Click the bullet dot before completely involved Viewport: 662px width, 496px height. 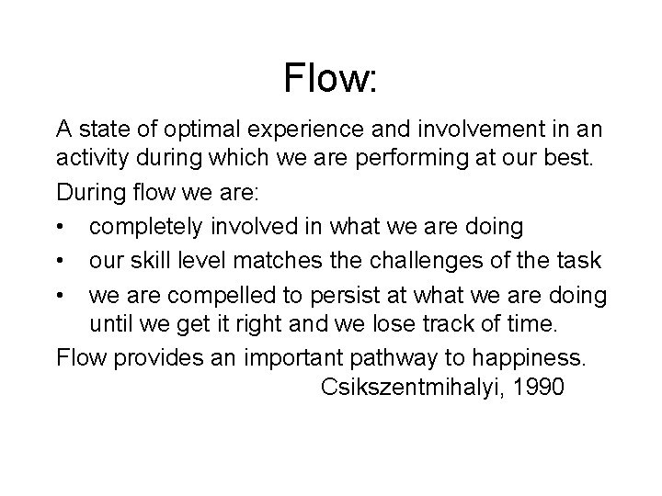(x=61, y=227)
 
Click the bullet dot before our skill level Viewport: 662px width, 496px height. (x=61, y=261)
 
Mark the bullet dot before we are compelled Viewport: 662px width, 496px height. (x=61, y=296)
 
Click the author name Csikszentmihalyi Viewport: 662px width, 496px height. (x=415, y=388)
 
